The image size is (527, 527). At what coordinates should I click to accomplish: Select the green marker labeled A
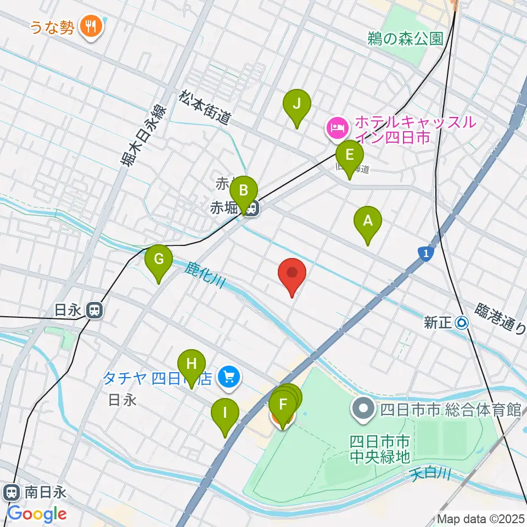tap(368, 222)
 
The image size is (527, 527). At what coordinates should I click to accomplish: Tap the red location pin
tap(292, 274)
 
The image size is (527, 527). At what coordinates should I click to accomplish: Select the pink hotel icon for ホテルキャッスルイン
tap(337, 128)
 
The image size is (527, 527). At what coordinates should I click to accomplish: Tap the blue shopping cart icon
tap(229, 377)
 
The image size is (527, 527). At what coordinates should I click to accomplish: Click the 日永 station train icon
tap(95, 311)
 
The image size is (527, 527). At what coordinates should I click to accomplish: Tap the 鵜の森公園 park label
tap(406, 38)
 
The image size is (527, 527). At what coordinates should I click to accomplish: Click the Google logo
tap(36, 514)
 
